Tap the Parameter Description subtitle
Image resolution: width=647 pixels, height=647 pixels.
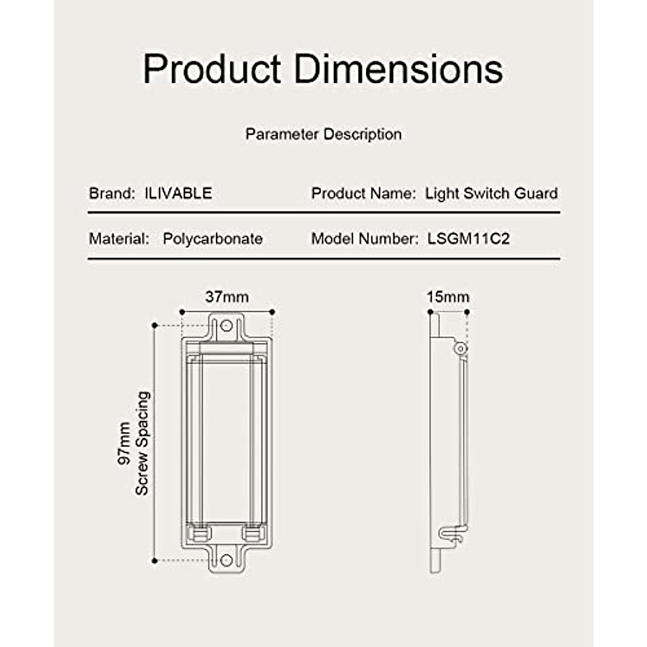point(323,134)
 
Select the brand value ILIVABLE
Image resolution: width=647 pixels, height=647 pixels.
point(178,193)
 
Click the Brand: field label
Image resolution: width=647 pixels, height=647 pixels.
point(112,193)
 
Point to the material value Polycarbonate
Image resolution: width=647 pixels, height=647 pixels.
point(212,239)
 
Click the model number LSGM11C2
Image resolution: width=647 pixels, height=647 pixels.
point(469,239)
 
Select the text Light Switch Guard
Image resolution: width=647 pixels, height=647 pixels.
point(492,194)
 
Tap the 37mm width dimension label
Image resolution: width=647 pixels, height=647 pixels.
point(227,297)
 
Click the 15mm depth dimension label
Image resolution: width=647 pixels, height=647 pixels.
point(448,297)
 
